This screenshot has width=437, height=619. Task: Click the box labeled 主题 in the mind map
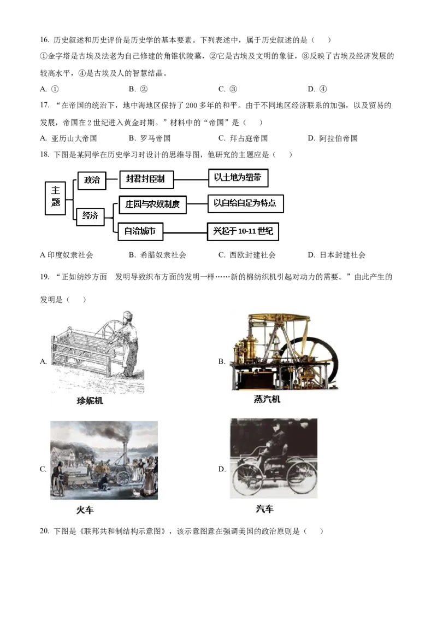click(55, 198)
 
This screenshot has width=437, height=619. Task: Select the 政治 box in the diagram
click(92, 180)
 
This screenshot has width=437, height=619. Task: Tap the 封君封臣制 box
click(146, 179)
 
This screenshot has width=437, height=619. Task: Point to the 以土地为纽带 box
click(238, 178)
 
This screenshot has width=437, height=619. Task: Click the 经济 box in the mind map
click(90, 217)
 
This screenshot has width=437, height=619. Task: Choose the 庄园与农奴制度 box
click(152, 205)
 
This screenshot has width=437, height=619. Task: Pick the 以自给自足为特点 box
click(245, 203)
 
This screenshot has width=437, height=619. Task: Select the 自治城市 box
click(140, 231)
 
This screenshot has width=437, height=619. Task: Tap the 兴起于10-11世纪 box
click(243, 231)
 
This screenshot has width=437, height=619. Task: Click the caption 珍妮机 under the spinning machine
click(90, 401)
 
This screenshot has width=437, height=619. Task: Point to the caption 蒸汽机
click(267, 399)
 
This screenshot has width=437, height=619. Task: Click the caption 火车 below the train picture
click(85, 510)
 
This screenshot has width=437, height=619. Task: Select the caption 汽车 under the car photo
click(264, 509)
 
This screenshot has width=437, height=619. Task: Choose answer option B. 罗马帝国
click(150, 138)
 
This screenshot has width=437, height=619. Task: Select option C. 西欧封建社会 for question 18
click(247, 255)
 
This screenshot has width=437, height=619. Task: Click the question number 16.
click(45, 40)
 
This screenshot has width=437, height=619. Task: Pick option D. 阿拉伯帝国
click(333, 138)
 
